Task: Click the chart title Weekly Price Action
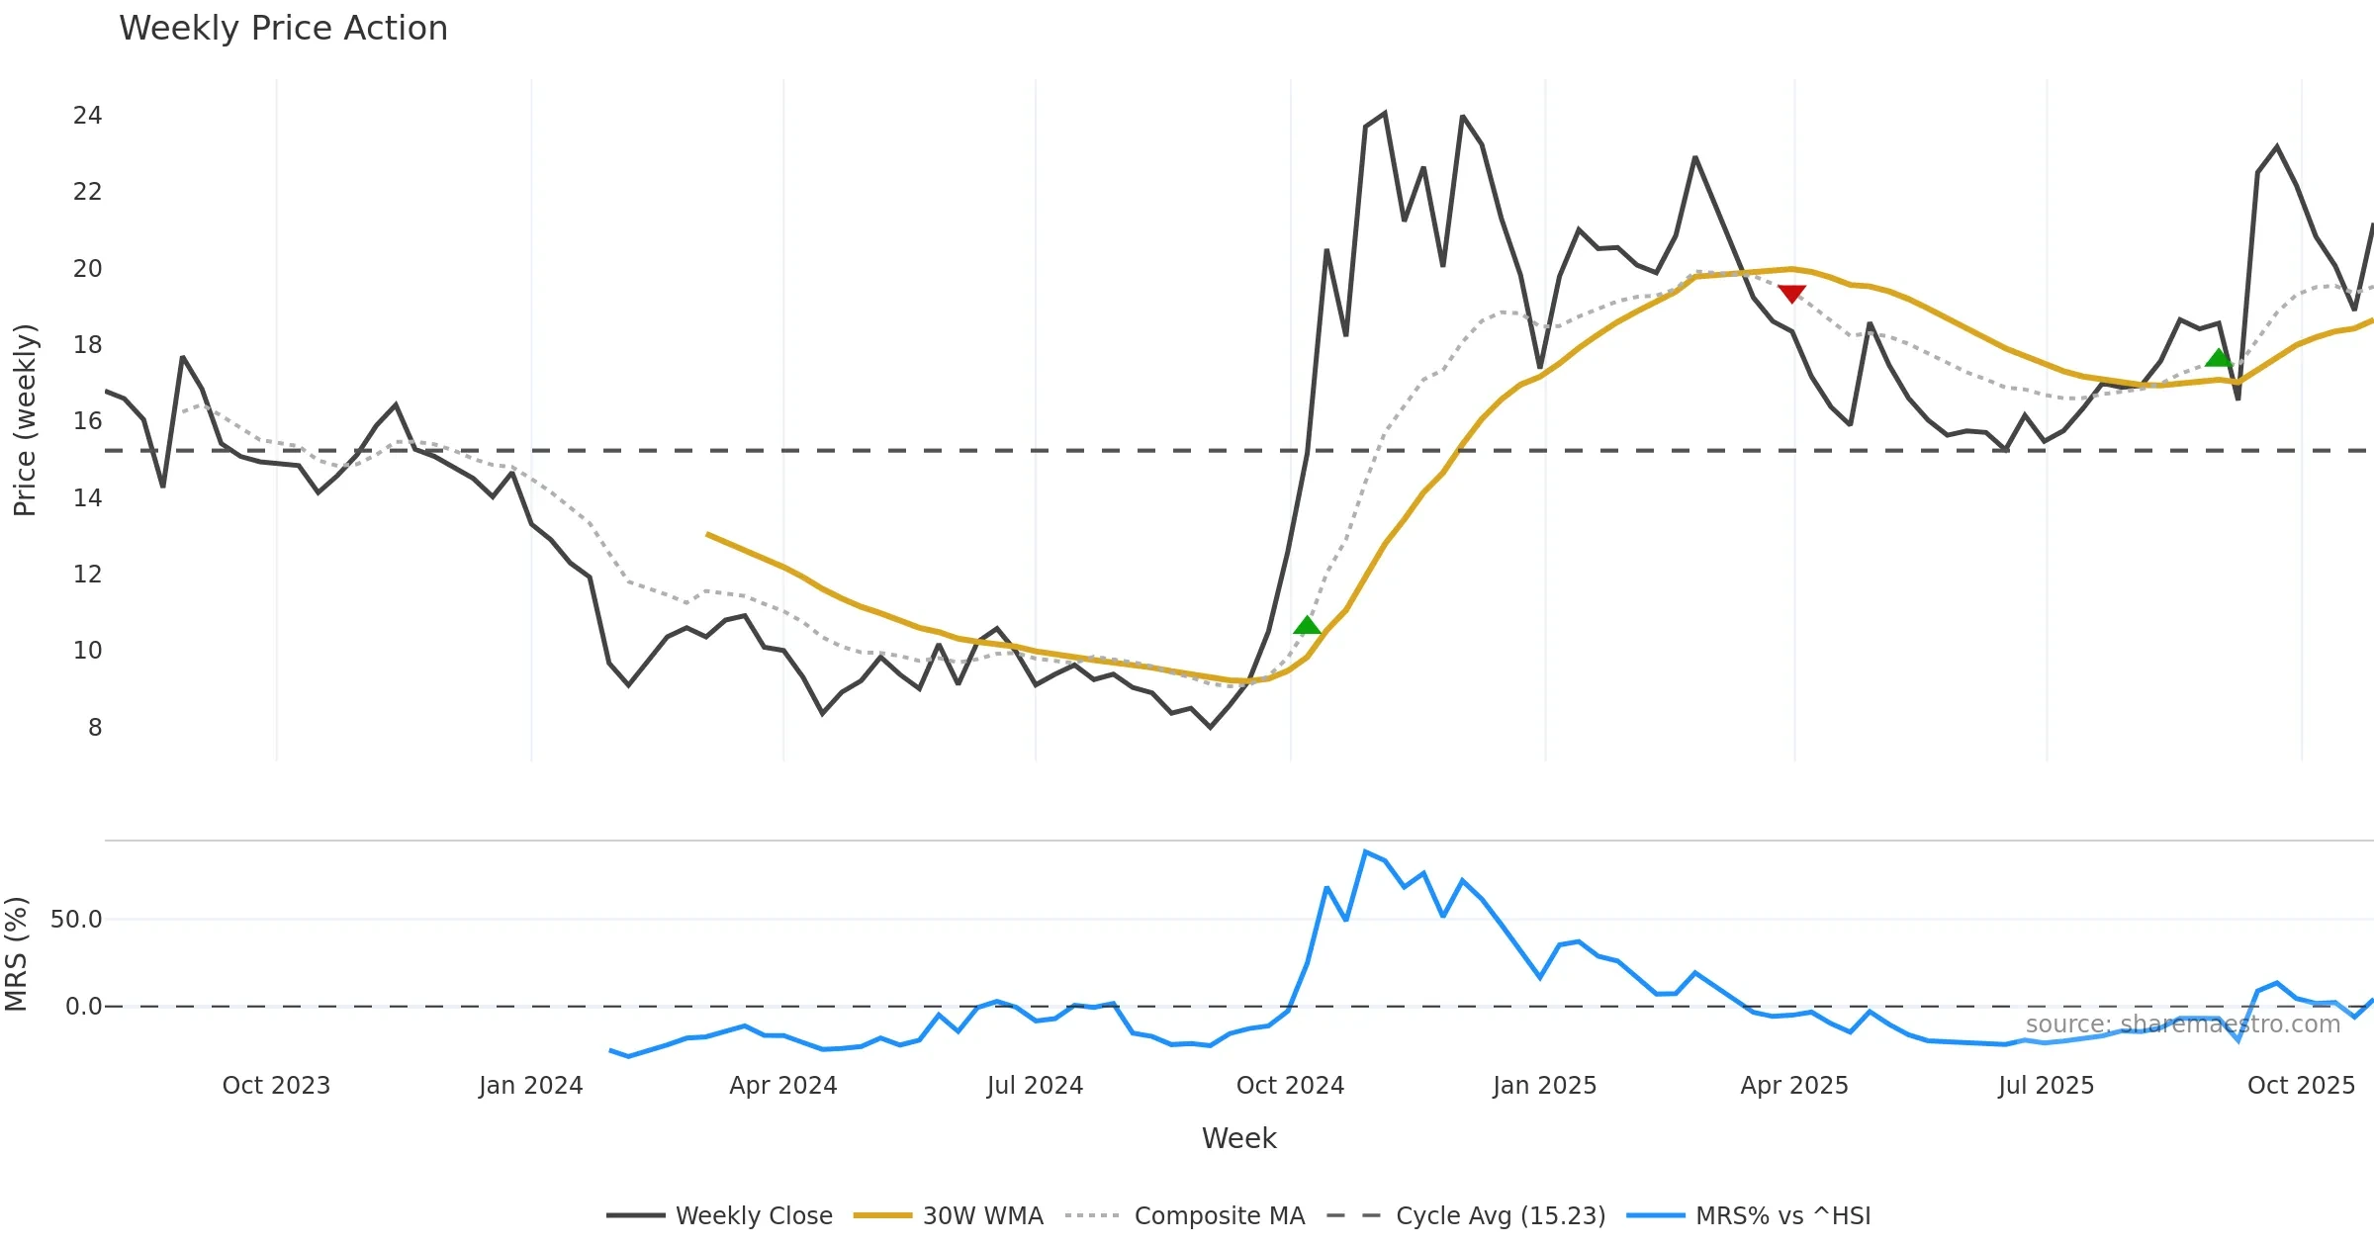(283, 29)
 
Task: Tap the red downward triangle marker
(1791, 294)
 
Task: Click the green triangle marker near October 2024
(1307, 625)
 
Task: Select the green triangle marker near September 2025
(2219, 358)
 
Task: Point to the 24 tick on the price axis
(87, 116)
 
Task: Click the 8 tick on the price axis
(94, 728)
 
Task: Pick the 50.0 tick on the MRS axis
(76, 920)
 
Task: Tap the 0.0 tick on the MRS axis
(83, 1007)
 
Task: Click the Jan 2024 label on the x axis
(530, 1086)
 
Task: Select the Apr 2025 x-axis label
(1793, 1086)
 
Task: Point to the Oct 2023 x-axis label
(276, 1086)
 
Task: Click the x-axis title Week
(1238, 1139)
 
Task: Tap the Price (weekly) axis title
(25, 420)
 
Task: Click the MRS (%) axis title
(17, 954)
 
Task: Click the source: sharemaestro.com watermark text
(2182, 1024)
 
